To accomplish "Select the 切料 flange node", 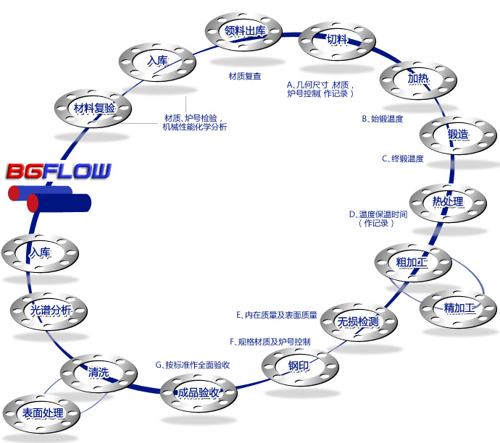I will coord(336,40).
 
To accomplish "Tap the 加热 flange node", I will coord(418,78).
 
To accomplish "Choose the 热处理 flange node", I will coord(447,201).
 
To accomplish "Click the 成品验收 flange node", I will coord(199,393).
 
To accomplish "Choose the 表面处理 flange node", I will coord(42,413).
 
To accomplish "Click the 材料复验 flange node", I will coord(94,109).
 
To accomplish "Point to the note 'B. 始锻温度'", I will coord(382,118).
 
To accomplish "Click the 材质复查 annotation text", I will coord(245,76).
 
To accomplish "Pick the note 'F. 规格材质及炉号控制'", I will coord(270,341).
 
